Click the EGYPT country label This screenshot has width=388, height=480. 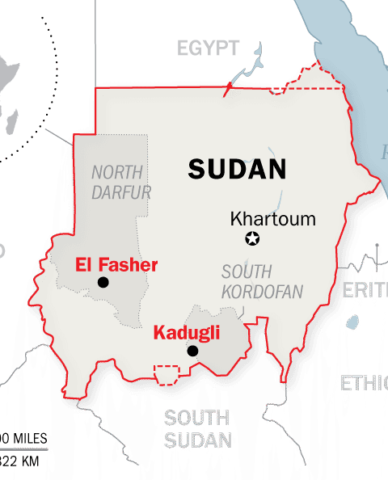(209, 48)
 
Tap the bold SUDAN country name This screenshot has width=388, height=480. (238, 169)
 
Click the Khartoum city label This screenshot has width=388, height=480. (272, 219)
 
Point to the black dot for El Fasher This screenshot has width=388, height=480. (103, 281)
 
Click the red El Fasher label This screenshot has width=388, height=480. (116, 264)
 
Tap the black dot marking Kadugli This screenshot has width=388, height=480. (192, 351)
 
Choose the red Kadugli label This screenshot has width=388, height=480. (187, 333)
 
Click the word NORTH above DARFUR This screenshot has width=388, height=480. (117, 172)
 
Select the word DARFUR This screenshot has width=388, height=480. (120, 192)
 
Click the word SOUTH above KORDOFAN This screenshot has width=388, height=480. (247, 272)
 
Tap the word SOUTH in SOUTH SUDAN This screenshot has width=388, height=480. (196, 418)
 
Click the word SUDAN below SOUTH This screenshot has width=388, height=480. (198, 440)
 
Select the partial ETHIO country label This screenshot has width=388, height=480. (363, 382)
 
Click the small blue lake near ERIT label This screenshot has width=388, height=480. (353, 322)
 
